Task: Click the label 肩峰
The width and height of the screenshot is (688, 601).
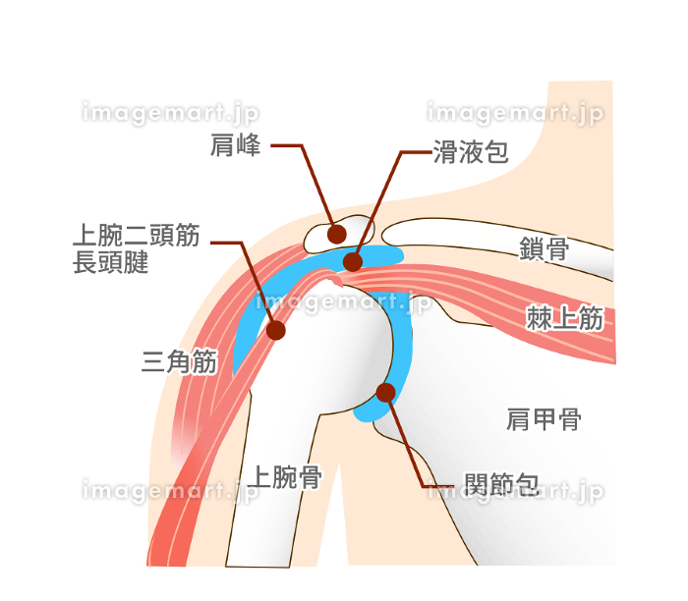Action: tap(235, 144)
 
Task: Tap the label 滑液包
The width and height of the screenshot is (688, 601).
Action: tap(471, 152)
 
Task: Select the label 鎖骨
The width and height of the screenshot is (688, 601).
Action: tap(545, 249)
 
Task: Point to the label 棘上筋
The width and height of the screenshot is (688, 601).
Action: tap(565, 318)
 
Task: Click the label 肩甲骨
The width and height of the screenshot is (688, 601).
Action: tap(545, 419)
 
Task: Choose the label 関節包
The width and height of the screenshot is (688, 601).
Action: tap(502, 484)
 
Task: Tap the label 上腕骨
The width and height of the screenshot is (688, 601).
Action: tap(285, 477)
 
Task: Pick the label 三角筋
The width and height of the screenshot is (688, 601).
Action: tap(180, 361)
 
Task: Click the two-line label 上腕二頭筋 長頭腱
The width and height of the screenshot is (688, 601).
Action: tap(136, 248)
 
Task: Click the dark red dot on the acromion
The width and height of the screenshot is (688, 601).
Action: tap(337, 235)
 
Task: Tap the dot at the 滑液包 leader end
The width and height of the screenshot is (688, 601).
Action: tap(353, 262)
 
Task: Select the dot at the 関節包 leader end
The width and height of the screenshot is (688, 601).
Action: tap(386, 393)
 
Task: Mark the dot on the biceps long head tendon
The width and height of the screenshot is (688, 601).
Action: tap(276, 330)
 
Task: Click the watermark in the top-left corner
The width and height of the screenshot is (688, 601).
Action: tap(170, 113)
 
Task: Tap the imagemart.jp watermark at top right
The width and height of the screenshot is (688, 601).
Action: tap(515, 113)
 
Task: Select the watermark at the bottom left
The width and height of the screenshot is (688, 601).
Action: tap(170, 491)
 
